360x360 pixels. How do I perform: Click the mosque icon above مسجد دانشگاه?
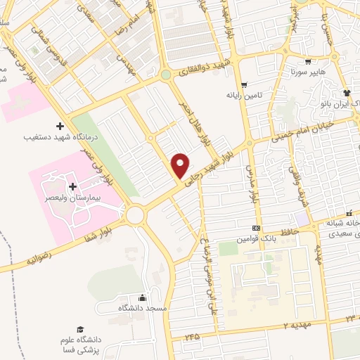coord(143,297)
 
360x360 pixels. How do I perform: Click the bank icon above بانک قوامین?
coord(256,228)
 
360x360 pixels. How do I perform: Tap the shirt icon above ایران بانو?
coord(346,92)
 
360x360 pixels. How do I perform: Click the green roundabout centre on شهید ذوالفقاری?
coord(165,75)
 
